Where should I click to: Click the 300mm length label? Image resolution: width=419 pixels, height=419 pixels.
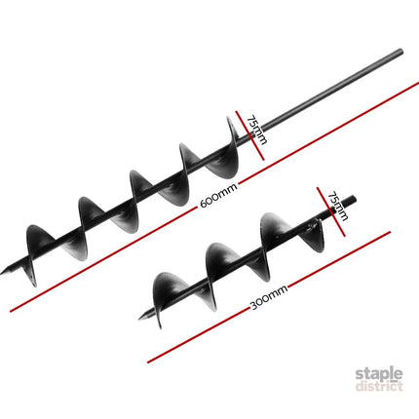click(269, 297)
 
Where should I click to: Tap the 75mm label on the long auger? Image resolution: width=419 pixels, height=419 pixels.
click(257, 130)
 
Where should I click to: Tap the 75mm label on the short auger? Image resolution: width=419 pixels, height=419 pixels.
click(338, 207)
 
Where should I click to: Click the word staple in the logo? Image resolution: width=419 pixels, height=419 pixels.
click(379, 373)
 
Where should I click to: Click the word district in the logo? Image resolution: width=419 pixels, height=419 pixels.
click(379, 386)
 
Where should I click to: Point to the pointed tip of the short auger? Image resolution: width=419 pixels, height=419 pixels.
click(139, 319)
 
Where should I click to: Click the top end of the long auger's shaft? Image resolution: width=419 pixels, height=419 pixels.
click(401, 51)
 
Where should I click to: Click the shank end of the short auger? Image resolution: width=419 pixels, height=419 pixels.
click(354, 199)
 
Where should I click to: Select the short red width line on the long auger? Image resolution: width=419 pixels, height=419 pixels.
click(250, 135)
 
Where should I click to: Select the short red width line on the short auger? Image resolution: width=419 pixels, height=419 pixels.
click(331, 211)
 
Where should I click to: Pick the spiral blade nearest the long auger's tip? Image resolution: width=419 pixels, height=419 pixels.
click(36, 253)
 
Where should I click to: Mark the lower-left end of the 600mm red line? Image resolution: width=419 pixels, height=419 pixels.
click(11, 311)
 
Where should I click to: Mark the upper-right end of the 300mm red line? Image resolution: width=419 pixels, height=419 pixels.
click(389, 232)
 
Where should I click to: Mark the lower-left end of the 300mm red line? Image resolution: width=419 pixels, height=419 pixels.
click(148, 362)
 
